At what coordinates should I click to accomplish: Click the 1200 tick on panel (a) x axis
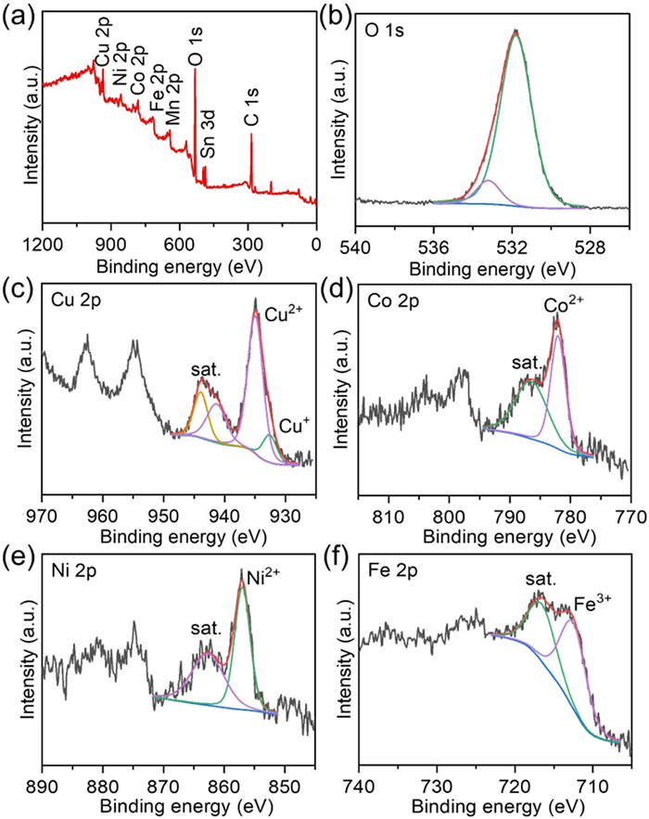click(x=43, y=246)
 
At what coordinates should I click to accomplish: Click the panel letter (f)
click(x=337, y=559)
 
